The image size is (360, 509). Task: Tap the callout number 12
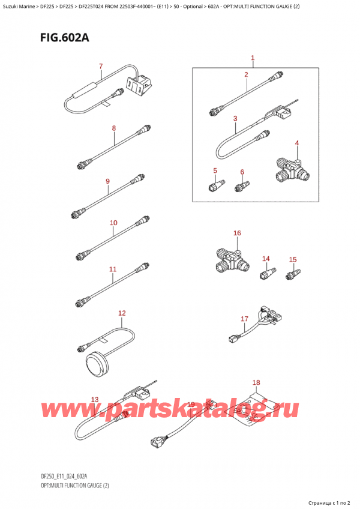click(x=122, y=313)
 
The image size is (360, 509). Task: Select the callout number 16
click(x=237, y=233)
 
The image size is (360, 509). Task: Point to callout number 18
click(x=256, y=383)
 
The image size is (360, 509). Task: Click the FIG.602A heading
click(x=50, y=40)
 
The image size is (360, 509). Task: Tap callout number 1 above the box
click(x=253, y=58)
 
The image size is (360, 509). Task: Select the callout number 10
click(x=113, y=223)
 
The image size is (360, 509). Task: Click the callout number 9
click(x=107, y=181)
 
